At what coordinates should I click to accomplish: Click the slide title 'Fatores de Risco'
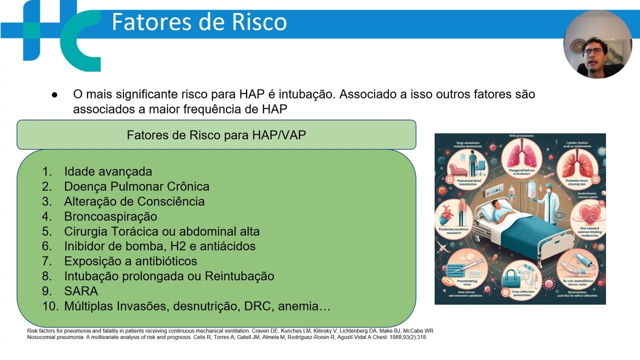199,22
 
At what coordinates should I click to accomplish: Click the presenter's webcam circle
597,44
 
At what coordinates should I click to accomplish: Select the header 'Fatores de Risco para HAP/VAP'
216,135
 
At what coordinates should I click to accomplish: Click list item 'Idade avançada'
108,171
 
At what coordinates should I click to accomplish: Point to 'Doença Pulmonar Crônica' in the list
136,186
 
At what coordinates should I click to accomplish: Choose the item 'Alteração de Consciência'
134,201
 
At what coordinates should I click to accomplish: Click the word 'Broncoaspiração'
110,216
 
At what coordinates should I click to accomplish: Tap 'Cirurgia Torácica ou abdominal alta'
161,231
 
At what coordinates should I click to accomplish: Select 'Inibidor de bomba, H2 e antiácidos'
159,246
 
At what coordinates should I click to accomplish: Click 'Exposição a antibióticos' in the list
130,261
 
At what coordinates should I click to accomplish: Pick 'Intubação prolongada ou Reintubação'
169,276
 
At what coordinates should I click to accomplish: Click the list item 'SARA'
81,291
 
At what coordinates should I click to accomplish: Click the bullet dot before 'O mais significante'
54,94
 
